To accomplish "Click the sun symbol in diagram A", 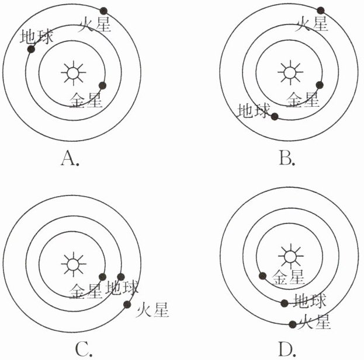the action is [x=72, y=73].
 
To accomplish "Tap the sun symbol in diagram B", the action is [x=289, y=73].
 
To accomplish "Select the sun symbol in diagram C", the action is [x=72, y=264].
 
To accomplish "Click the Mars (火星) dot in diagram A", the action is [x=104, y=11].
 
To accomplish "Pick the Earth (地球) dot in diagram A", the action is [x=31, y=50].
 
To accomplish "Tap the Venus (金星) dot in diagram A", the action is [x=103, y=85].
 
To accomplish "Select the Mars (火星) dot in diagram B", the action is [x=321, y=10].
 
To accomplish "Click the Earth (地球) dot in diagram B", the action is [x=275, y=116].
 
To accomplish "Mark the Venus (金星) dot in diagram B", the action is [x=320, y=85].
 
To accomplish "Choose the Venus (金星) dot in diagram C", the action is [x=102, y=277].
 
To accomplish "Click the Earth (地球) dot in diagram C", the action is [x=122, y=277].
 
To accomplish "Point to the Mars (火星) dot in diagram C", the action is [x=127, y=303].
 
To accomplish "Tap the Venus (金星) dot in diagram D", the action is [x=263, y=275].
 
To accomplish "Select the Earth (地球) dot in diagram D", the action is [x=285, y=303].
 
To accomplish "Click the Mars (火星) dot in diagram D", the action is [x=292, y=324].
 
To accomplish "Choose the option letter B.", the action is [x=286, y=158].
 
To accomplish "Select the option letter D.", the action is [x=286, y=349].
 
